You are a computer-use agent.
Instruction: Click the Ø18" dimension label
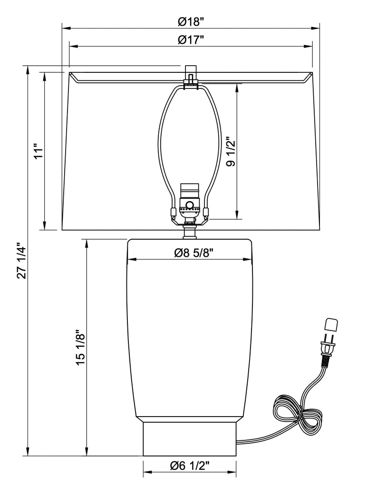(191, 22)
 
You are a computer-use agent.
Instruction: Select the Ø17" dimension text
(191, 40)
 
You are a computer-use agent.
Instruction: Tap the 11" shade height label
(38, 151)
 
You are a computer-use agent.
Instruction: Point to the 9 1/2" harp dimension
(231, 151)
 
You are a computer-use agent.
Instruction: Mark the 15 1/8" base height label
(80, 348)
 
